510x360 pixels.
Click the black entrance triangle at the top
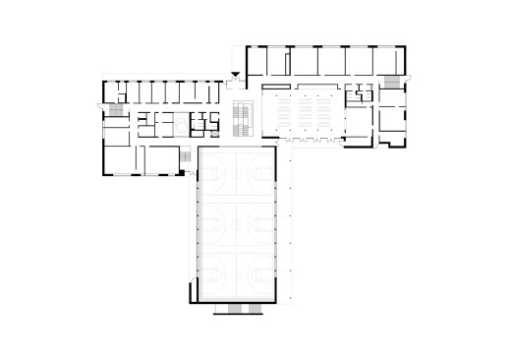tap(234, 77)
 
